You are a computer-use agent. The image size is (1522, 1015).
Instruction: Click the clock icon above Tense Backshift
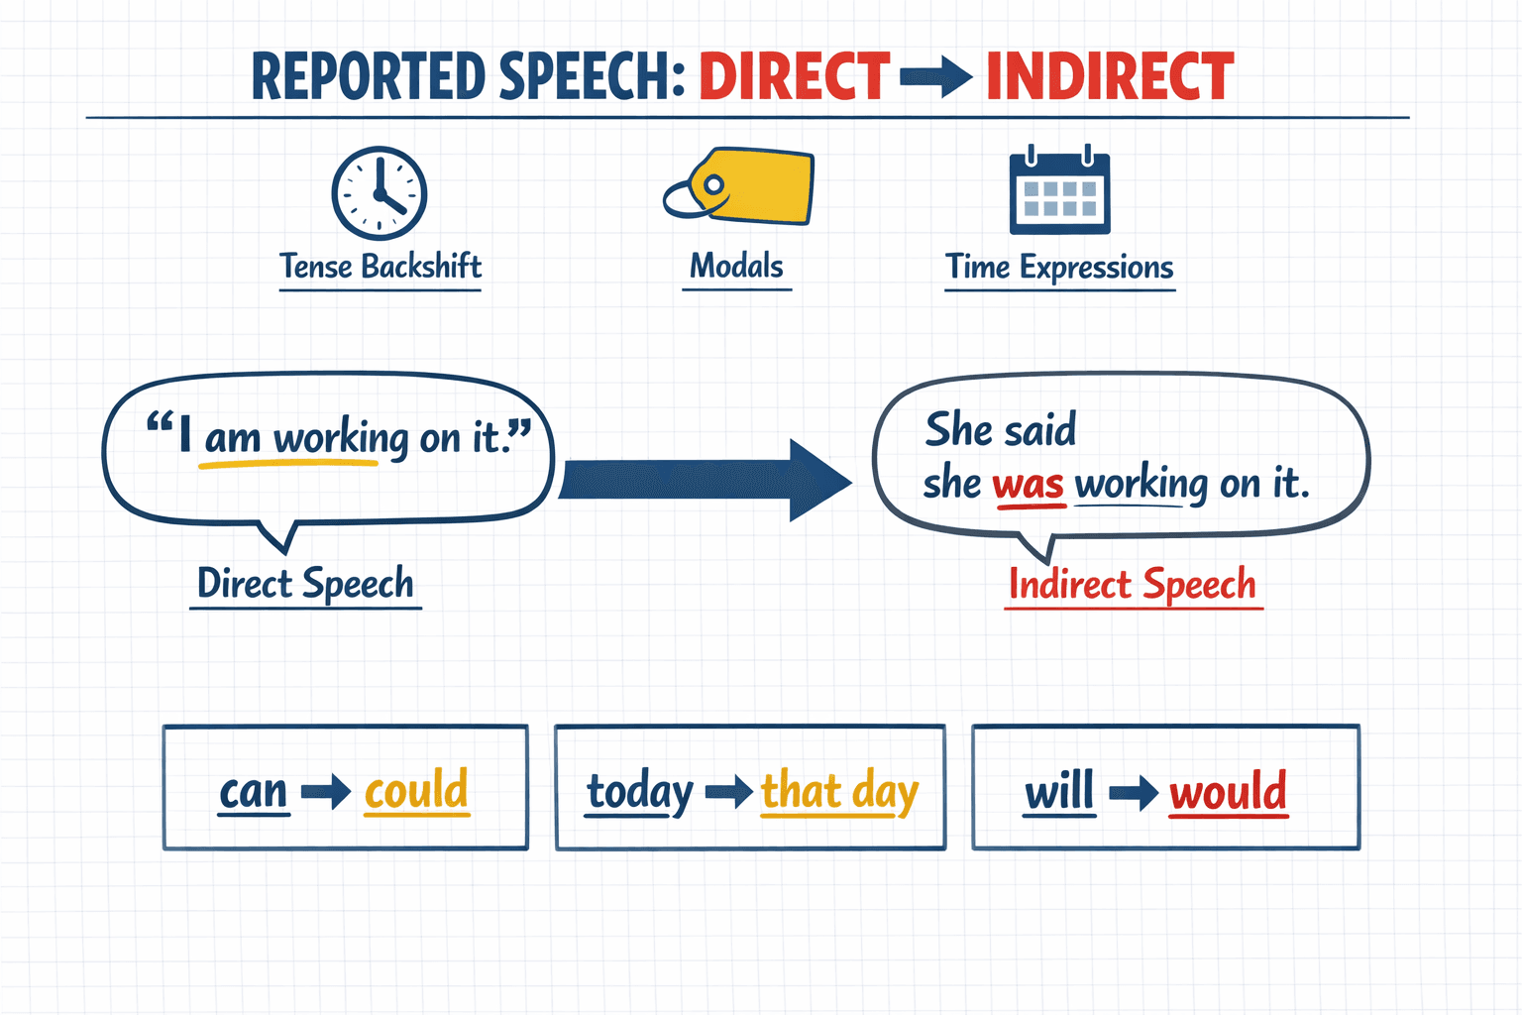pos(379,193)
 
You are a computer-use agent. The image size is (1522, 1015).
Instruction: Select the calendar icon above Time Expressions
pos(1059,192)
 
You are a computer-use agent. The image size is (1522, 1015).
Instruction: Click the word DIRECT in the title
pos(794,77)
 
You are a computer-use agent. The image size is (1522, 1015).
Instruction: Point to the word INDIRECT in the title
pos(1110,77)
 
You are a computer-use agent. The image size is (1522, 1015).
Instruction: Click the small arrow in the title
pos(935,77)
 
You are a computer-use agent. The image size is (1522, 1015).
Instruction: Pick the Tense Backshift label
pos(380,267)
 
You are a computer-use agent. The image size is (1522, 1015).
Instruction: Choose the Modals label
pos(736,266)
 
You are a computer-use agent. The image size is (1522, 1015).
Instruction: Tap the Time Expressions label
pos(1059,267)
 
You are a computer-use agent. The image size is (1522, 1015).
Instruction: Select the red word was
pos(1029,485)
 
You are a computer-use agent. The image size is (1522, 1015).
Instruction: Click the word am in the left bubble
pos(232,437)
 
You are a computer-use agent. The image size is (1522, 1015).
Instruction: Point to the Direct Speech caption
pos(305,583)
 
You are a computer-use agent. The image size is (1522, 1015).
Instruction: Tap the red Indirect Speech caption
pos(1133,584)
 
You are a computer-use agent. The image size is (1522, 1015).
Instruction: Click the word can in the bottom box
pos(254,791)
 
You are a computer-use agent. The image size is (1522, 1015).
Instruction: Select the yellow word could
pos(416,790)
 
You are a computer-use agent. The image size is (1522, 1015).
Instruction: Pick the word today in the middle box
pos(640,792)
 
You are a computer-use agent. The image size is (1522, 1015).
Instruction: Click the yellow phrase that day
pos(839,792)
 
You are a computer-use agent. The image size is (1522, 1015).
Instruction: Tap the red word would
pos(1228,792)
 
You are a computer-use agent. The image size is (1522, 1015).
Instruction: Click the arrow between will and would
pos(1134,792)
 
